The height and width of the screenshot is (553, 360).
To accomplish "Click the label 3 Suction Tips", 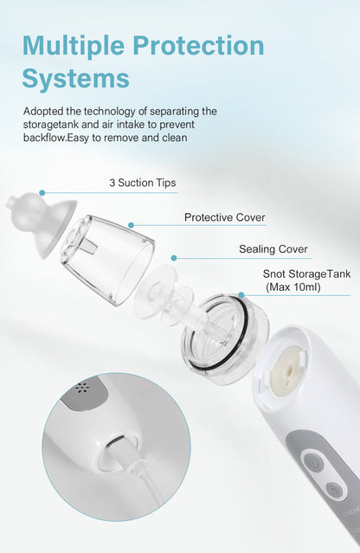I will pyautogui.click(x=142, y=183).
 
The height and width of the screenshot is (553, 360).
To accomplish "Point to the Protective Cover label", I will pyautogui.click(x=224, y=217).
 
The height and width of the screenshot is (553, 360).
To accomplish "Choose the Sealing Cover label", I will pyautogui.click(x=273, y=249).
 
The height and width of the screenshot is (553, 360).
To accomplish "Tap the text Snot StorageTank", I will pyautogui.click(x=306, y=274).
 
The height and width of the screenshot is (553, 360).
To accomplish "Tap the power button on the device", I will pyautogui.click(x=314, y=463).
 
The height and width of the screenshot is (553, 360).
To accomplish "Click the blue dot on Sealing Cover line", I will pyautogui.click(x=174, y=257).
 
